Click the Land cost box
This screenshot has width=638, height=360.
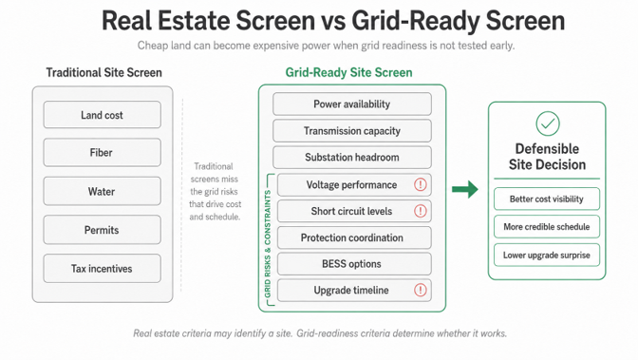103,115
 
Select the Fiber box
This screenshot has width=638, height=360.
103,152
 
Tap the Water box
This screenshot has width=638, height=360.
103,191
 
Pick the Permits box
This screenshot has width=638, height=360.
103,230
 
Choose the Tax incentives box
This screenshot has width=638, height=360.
103,269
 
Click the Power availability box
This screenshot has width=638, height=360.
352,104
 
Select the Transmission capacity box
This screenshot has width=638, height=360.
352,131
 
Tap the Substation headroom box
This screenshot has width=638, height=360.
352,157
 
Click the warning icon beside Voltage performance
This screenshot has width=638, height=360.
421,184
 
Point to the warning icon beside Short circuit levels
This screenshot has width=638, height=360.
421,211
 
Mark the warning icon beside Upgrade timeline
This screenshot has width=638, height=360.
421,290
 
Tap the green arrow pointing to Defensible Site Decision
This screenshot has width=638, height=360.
465,189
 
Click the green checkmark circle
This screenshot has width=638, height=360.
548,123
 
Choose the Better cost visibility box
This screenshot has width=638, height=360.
547,199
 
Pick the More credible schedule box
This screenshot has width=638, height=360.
547,227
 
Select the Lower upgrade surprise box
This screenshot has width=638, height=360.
547,255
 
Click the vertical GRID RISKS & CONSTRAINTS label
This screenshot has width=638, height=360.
268,243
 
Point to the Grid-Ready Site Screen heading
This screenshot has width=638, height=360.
348,72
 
